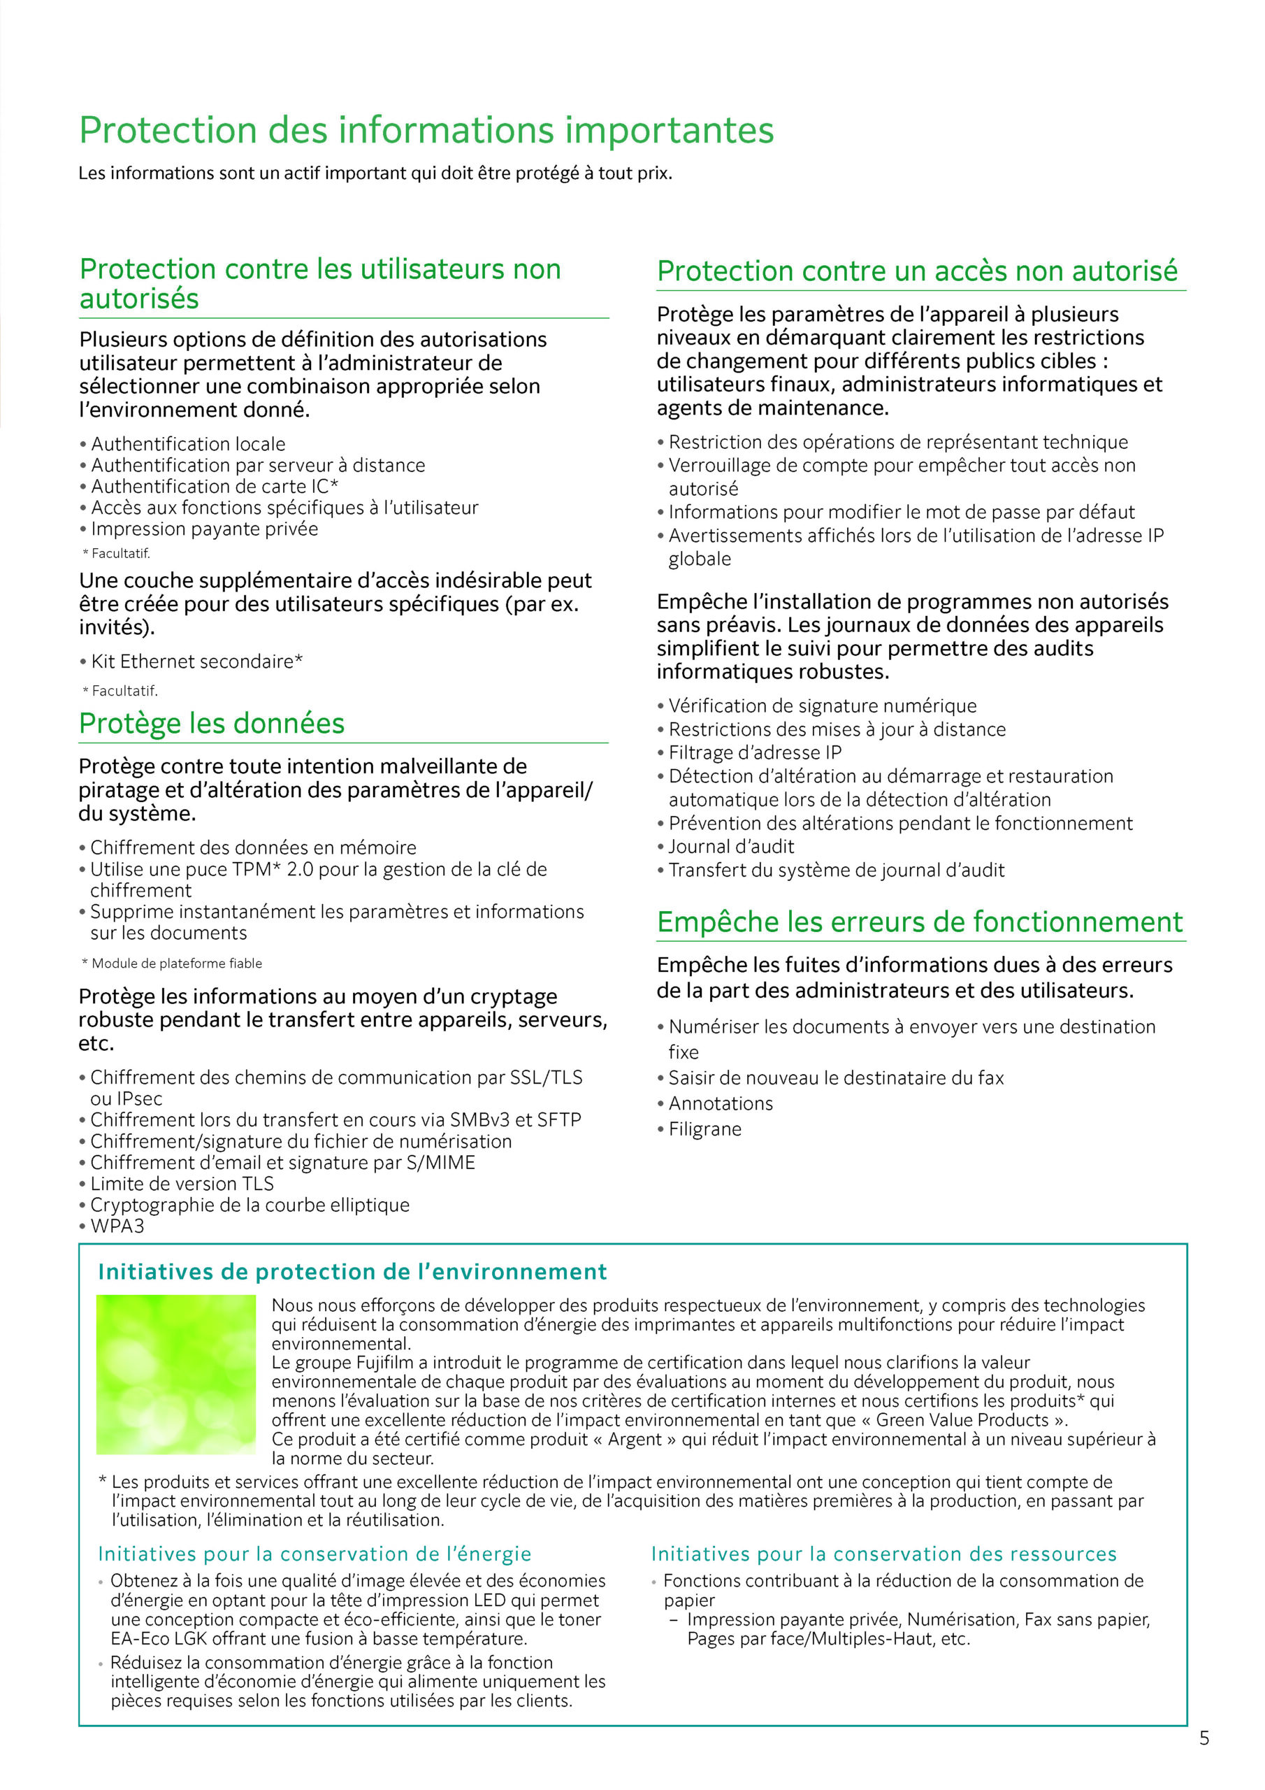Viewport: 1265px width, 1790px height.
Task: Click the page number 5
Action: point(1204,1738)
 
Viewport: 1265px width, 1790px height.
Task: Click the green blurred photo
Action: point(175,1375)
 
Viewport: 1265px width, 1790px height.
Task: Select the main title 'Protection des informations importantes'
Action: point(426,129)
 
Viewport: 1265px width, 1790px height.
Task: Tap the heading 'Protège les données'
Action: point(211,724)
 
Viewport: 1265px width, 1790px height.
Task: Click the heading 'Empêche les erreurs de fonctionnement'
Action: point(920,922)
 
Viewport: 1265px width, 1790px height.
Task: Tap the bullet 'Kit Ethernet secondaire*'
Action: point(196,661)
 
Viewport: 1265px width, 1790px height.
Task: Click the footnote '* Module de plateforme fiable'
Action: point(171,963)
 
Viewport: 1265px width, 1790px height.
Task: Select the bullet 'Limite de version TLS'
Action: point(182,1184)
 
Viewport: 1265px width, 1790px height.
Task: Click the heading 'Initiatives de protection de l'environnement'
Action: point(352,1272)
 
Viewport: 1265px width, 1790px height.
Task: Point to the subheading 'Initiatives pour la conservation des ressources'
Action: point(884,1554)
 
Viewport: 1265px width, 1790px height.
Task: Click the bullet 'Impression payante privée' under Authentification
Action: point(204,529)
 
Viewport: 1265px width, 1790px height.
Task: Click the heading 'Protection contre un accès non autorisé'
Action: point(916,271)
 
